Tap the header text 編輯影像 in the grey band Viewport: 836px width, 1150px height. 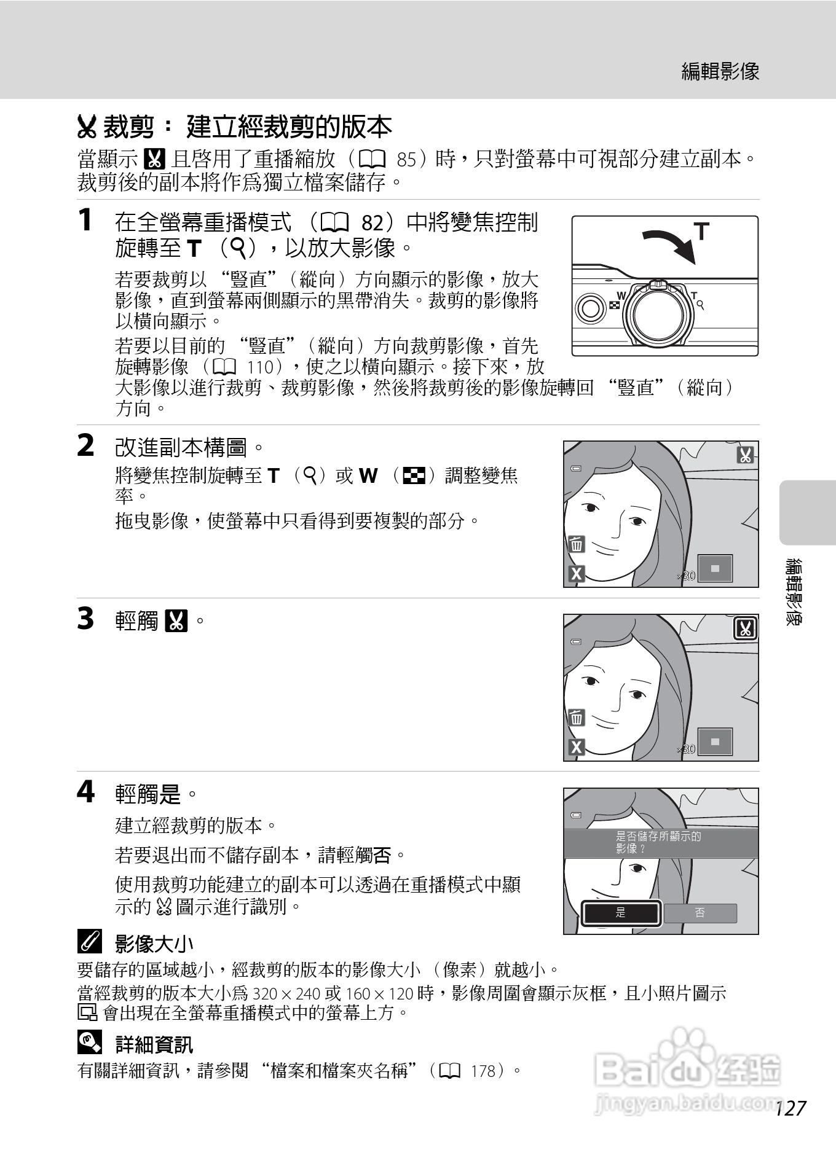pos(720,72)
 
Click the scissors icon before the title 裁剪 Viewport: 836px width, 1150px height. pos(87,127)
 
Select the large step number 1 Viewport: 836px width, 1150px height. pos(86,220)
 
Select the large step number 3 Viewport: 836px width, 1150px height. pos(86,619)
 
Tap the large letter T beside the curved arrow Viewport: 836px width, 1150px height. pos(701,232)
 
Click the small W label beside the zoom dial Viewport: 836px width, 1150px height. pos(621,295)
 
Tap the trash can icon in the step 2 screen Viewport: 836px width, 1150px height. pos(576,544)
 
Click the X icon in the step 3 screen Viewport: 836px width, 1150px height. pos(576,747)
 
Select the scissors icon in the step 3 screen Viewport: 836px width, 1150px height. pos(746,628)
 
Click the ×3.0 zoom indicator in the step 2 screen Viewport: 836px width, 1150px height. pos(685,576)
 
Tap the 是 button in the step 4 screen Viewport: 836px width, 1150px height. pos(621,913)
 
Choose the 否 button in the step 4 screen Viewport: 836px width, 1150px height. pos(700,913)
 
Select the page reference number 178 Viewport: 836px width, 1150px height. pos(483,1071)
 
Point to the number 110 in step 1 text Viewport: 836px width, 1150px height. pos(259,367)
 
